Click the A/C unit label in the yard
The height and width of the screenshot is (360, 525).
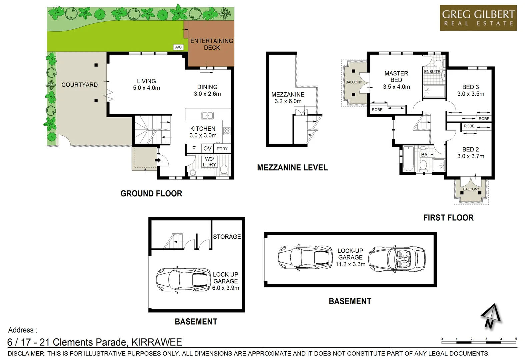tap(178, 47)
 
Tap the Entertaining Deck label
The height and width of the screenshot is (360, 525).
tap(212, 44)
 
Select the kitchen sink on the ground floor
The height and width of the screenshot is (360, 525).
tap(207, 116)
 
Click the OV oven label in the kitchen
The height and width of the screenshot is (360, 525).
tap(207, 148)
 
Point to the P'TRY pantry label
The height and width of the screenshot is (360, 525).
tap(222, 149)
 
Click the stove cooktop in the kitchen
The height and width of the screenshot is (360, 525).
tap(227, 131)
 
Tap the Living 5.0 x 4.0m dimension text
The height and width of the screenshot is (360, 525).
tap(146, 88)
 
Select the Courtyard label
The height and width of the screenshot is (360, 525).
tap(79, 85)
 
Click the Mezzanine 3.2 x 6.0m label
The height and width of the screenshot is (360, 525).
tap(288, 98)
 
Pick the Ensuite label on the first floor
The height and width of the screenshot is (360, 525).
tap(432, 72)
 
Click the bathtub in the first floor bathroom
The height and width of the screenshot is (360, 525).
tap(408, 159)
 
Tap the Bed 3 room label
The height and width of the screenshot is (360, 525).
tap(470, 87)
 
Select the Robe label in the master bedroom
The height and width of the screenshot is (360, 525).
tap(377, 110)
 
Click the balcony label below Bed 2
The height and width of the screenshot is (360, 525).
tap(471, 189)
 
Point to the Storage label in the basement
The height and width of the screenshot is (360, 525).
tap(227, 237)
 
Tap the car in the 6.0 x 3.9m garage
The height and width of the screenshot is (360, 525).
tap(183, 280)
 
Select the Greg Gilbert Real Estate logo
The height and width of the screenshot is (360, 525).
tap(478, 18)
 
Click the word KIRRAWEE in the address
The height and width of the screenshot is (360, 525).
tap(157, 342)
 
